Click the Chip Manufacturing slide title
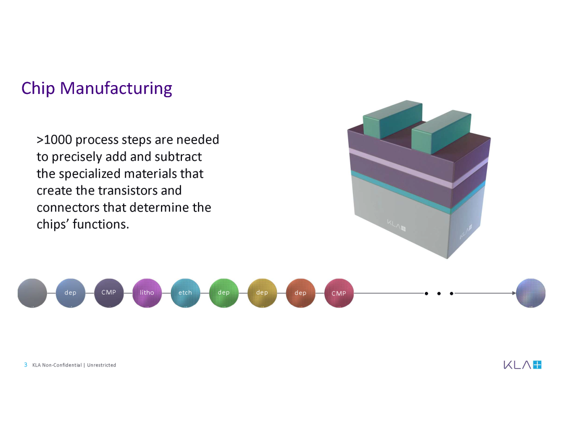96,88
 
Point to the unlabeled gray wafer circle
32,293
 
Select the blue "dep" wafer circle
70,293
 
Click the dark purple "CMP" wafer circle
109,293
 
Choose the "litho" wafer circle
147,293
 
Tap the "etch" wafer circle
186,293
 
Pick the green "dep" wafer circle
224,293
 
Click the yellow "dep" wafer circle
262,293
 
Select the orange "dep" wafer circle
301,293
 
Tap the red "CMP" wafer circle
339,293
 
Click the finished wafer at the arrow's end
531,293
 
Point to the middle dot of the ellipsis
439,293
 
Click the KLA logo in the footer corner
522,364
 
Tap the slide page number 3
26,365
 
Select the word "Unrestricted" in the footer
101,365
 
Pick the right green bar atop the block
441,131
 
